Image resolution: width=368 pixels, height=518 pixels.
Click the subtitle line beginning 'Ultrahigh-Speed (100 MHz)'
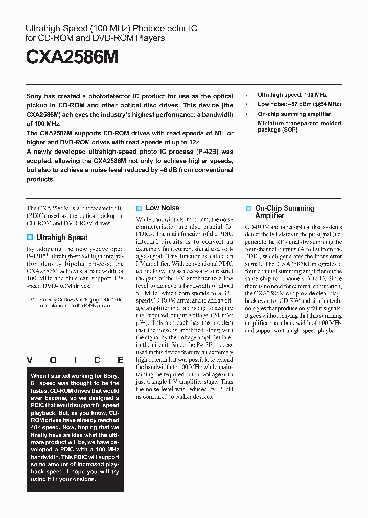coord(111,28)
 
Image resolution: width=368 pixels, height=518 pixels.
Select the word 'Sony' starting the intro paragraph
coord(34,96)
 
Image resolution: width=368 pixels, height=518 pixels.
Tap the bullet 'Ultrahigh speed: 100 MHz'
coord(292,95)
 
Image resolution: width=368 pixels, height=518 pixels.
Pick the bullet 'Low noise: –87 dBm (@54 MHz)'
coord(299,104)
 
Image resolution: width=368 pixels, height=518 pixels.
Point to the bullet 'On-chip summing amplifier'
coord(294,114)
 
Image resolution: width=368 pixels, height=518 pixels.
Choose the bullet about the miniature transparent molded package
coord(299,126)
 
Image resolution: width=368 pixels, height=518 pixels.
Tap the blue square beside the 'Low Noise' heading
coord(139,208)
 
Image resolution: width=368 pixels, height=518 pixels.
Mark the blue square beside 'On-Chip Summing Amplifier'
coord(248,209)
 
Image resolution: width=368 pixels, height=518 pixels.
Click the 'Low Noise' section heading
coord(163,208)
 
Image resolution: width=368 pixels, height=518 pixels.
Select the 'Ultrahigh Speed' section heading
coord(62,238)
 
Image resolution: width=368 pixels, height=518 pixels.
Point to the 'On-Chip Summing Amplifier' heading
coord(284,212)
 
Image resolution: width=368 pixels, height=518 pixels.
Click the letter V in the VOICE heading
coord(30,360)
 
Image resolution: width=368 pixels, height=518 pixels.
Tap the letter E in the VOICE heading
coord(120,360)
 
